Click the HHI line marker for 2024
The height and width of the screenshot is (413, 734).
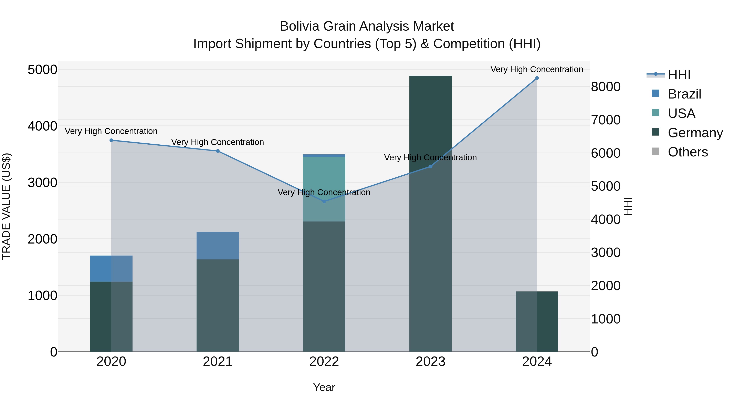click(537, 78)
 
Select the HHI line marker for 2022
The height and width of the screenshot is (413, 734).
click(324, 202)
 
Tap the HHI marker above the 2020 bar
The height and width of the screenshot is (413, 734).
click(111, 140)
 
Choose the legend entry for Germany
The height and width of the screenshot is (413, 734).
click(695, 133)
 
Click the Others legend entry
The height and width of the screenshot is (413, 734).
click(688, 152)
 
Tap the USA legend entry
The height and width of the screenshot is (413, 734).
click(681, 113)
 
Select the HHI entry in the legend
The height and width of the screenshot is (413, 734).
click(679, 75)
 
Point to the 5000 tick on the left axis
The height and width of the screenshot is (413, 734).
click(42, 70)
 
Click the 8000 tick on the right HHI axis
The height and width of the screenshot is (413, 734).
click(606, 87)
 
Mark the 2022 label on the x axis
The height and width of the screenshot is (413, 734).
click(324, 362)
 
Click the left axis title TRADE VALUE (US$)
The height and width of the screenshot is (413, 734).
click(6, 206)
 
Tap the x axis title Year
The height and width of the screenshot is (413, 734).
click(324, 387)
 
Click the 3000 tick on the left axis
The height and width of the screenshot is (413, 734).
click(42, 183)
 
